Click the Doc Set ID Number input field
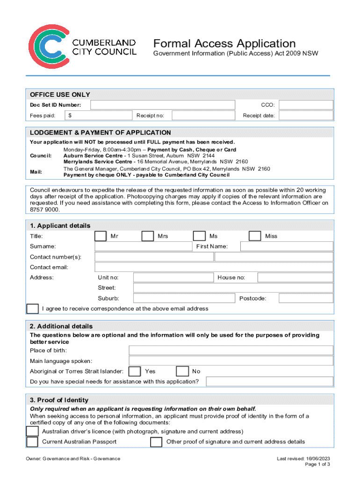tap(163, 105)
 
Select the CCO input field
tap(306, 105)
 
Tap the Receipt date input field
tap(306, 116)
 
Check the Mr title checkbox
tap(101, 236)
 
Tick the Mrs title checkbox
tap(148, 236)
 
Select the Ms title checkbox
tap(199, 236)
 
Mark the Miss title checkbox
tap(255, 236)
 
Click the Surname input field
tap(143, 247)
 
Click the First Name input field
tap(287, 247)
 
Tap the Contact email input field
tap(214, 267)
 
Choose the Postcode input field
tap(306, 298)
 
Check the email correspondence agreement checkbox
tap(33, 309)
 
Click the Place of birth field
tap(231, 351)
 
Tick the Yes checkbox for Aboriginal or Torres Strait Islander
tap(135, 371)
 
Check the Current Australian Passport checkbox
tap(32, 442)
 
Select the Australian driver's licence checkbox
tap(32, 431)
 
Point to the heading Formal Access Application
tap(224, 44)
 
